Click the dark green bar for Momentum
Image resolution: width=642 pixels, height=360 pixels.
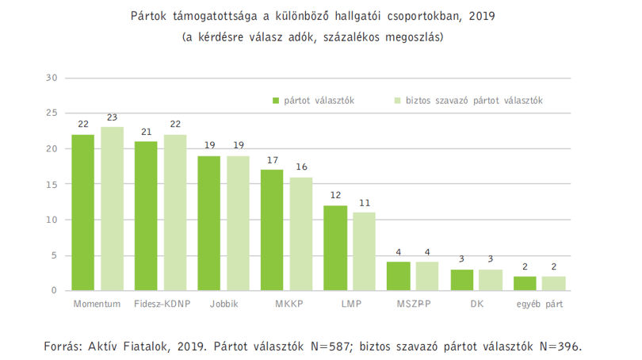pyautogui.click(x=82, y=213)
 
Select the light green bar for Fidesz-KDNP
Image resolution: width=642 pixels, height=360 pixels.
pyautogui.click(x=175, y=213)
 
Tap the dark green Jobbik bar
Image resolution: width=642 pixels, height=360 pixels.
pyautogui.click(x=208, y=223)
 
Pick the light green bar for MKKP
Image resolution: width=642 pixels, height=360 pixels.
pyautogui.click(x=301, y=234)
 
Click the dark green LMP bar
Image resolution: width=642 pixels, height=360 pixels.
pyautogui.click(x=335, y=248)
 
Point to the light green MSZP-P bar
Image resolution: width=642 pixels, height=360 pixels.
pyautogui.click(x=427, y=277)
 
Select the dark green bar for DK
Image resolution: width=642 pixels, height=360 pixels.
pyautogui.click(x=462, y=280)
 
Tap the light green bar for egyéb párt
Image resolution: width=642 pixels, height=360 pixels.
pyautogui.click(x=553, y=284)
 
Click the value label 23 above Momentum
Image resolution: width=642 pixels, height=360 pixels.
pyautogui.click(x=113, y=117)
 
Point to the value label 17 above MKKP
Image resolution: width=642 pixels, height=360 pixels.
pyautogui.click(x=273, y=160)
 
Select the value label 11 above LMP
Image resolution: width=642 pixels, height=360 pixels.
pyautogui.click(x=365, y=203)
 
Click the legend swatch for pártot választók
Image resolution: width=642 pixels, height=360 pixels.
pyautogui.click(x=276, y=101)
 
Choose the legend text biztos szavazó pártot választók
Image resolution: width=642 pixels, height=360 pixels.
pyautogui.click(x=474, y=101)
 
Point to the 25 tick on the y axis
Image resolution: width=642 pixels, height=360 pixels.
pyautogui.click(x=52, y=113)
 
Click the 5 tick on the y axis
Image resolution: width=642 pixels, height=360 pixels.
pyautogui.click(x=54, y=255)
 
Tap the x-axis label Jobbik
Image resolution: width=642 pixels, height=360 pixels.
pyautogui.click(x=224, y=304)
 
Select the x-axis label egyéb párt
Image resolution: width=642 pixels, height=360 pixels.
pyautogui.click(x=540, y=304)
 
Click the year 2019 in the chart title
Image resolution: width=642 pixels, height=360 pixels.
pyautogui.click(x=482, y=16)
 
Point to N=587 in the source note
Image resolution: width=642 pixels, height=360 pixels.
pyautogui.click(x=331, y=347)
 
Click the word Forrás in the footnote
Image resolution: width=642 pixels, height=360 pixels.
pyautogui.click(x=63, y=347)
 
